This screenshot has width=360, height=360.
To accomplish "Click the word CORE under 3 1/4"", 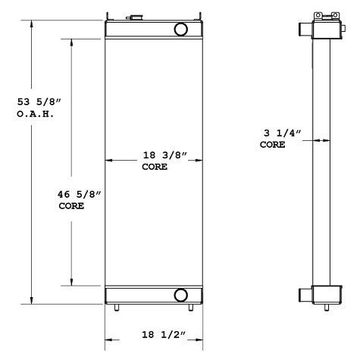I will tap(273, 145).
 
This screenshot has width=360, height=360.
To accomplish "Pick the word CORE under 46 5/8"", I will tap(71, 205).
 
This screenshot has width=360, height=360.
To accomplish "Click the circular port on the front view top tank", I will tap(181, 30).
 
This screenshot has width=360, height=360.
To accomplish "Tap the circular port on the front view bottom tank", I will tap(181, 295).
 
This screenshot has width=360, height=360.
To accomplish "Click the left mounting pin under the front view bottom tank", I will tap(117, 308).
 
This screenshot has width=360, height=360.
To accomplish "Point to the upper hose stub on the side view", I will tap(302, 30).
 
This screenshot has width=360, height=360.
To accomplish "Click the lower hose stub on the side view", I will tap(302, 293).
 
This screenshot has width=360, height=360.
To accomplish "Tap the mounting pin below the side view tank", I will tap(326, 308).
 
